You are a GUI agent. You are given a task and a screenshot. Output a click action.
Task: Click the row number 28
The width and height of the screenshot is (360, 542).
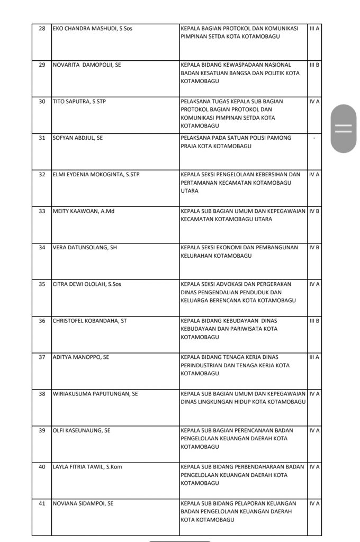coord(42,28)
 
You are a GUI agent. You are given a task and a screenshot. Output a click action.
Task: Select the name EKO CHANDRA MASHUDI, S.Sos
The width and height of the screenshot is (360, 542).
coord(92,28)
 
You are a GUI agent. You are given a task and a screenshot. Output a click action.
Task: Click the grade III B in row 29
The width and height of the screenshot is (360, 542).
coord(314,65)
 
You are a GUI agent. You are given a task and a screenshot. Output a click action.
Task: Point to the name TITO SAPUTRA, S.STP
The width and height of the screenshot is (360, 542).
coord(79,101)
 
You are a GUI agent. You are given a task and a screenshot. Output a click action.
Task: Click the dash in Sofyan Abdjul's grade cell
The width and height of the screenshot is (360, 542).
coord(314,138)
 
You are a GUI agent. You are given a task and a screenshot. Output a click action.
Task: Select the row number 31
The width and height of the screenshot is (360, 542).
coord(42,138)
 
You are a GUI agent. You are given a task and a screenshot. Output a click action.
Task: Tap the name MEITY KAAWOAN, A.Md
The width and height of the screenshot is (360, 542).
coord(84,211)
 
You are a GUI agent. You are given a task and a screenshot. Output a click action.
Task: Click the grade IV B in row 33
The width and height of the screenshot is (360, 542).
coord(314,211)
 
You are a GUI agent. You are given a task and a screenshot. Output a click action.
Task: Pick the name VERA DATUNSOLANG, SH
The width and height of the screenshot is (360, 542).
coord(85,247)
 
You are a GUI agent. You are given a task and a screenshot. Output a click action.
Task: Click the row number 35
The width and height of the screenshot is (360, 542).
coord(42,284)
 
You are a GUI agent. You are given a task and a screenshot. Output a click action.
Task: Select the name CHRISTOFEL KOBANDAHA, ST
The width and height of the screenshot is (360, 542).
coord(89,321)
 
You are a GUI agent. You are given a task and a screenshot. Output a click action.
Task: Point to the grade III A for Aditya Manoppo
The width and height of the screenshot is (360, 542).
coord(314,357)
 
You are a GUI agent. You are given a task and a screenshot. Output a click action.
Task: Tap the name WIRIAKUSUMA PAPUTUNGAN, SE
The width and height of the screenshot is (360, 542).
coord(95,394)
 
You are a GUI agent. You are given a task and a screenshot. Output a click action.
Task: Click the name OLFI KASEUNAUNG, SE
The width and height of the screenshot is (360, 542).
coord(82,430)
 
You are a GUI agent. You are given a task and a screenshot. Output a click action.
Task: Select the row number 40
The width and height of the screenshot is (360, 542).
coord(42,467)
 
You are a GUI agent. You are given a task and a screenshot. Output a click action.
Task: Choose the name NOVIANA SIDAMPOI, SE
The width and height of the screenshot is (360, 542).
coord(83,503)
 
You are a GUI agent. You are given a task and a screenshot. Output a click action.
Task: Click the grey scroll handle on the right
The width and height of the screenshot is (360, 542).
coord(344,129)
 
